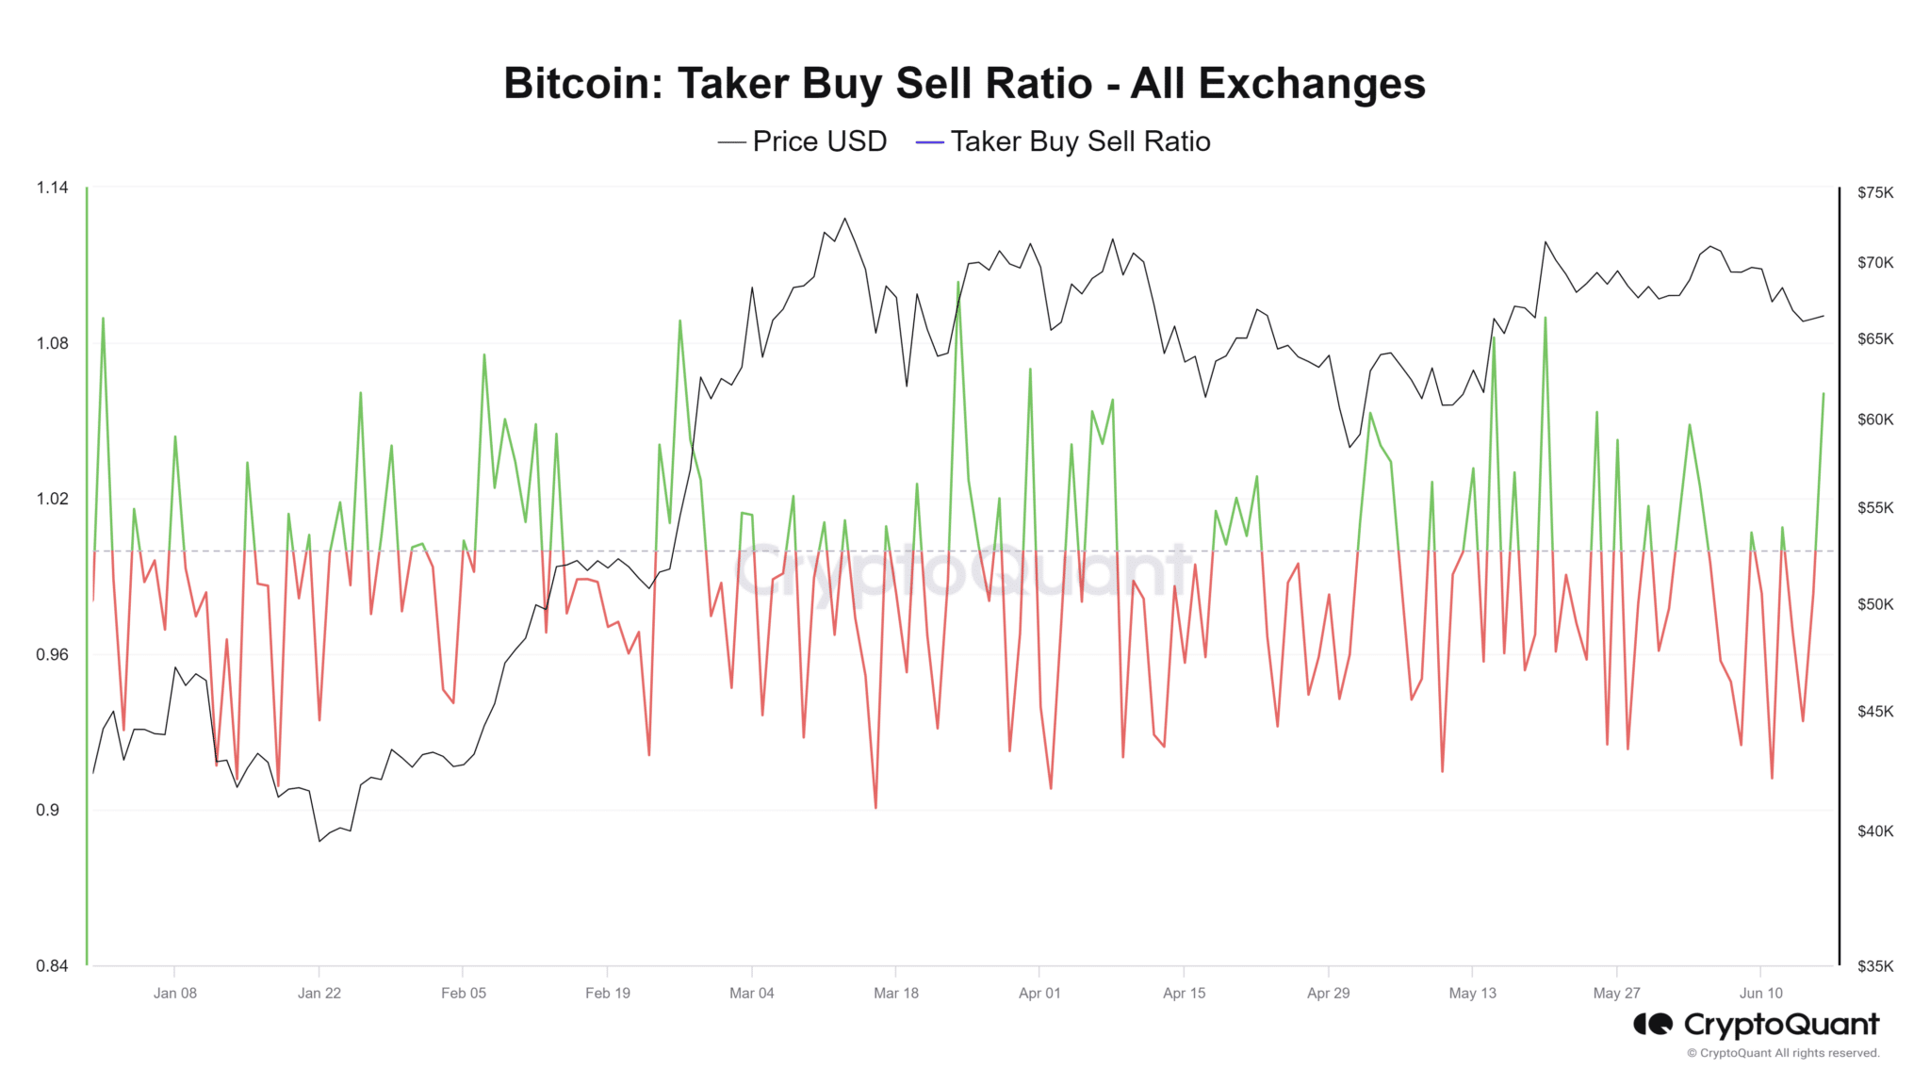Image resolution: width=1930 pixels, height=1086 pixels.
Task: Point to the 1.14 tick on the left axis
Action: tap(53, 188)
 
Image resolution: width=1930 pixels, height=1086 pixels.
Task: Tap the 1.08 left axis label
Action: tap(53, 343)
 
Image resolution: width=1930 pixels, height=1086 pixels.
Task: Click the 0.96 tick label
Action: tap(53, 654)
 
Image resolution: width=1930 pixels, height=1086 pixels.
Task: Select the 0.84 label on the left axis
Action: tap(53, 965)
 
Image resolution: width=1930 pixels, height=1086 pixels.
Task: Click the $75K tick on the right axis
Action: tap(1874, 192)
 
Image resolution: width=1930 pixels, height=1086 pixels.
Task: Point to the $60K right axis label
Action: tap(1874, 420)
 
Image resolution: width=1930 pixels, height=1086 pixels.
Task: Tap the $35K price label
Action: tap(1874, 965)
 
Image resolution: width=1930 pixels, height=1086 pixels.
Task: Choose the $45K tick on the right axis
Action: tap(1874, 712)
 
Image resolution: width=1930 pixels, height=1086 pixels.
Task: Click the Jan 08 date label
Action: tap(175, 993)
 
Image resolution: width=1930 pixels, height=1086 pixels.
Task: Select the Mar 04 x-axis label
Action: tap(751, 993)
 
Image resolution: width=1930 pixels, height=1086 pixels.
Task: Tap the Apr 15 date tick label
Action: tap(1184, 993)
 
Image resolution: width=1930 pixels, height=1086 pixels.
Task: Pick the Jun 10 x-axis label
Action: tap(1760, 993)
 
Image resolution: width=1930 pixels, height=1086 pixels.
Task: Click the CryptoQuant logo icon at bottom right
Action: tap(1653, 1024)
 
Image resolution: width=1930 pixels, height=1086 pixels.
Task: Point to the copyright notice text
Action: tap(1783, 1053)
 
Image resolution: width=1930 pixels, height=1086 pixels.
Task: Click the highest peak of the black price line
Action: tap(844, 219)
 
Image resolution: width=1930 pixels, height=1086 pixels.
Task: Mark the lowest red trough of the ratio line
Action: tap(875, 807)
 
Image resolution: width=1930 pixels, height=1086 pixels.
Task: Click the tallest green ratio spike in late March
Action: tap(958, 283)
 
